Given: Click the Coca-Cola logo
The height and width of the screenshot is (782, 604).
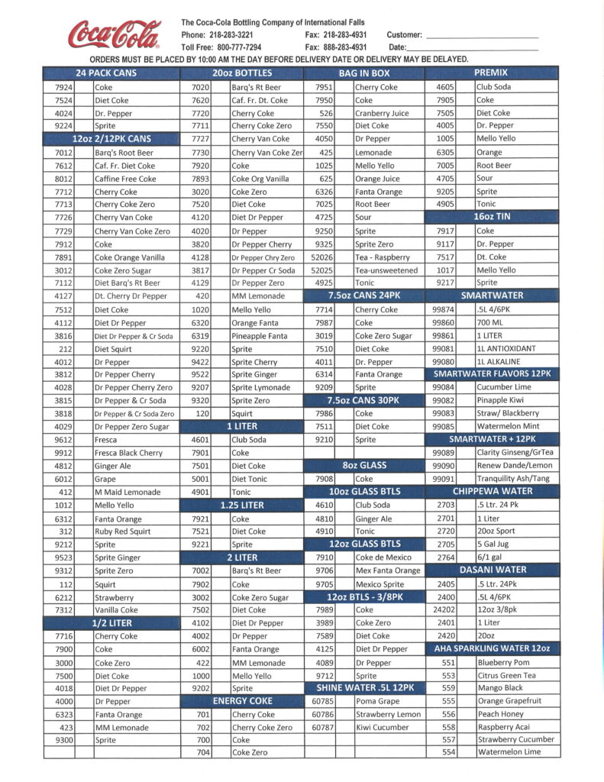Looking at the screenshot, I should (x=115, y=35).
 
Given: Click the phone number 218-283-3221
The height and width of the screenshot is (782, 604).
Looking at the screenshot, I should (x=228, y=35).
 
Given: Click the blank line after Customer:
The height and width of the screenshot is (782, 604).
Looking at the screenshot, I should (x=482, y=37).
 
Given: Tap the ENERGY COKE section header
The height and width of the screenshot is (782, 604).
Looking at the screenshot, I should (x=242, y=701).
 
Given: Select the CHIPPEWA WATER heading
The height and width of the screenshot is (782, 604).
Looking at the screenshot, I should (x=492, y=492).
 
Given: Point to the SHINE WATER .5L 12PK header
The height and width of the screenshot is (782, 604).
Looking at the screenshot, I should (x=364, y=688).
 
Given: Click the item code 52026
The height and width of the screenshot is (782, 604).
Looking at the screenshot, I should (x=322, y=257).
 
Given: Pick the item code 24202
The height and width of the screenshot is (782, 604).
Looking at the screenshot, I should (x=444, y=609).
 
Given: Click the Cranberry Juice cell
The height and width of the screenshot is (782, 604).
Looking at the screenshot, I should (x=382, y=113).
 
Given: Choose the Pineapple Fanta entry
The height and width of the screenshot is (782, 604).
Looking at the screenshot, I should (x=260, y=336).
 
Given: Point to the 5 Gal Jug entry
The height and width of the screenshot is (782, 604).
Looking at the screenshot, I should (x=497, y=544).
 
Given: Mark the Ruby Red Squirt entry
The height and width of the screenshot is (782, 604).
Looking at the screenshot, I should (x=122, y=532).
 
